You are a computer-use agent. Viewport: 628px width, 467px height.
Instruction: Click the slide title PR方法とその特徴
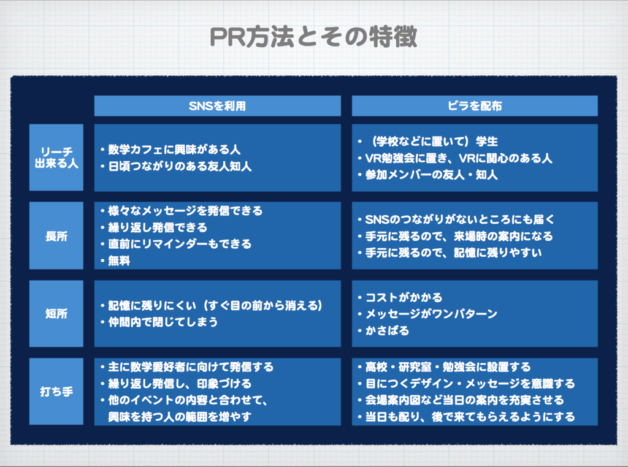(x=313, y=37)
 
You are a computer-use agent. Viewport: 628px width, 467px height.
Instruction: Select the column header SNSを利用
(x=217, y=106)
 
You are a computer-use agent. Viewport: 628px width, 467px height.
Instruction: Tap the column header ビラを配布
(x=475, y=106)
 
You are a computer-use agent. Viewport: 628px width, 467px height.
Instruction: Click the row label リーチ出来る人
(x=56, y=158)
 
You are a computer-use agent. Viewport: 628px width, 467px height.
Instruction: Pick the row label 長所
(x=56, y=236)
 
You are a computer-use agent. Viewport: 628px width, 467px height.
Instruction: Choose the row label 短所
(x=56, y=314)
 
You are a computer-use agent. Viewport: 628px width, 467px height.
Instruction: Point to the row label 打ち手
(x=56, y=391)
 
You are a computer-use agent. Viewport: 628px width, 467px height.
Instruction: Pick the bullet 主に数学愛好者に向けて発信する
(x=191, y=367)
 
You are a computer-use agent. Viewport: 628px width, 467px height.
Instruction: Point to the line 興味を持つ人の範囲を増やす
(x=180, y=417)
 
